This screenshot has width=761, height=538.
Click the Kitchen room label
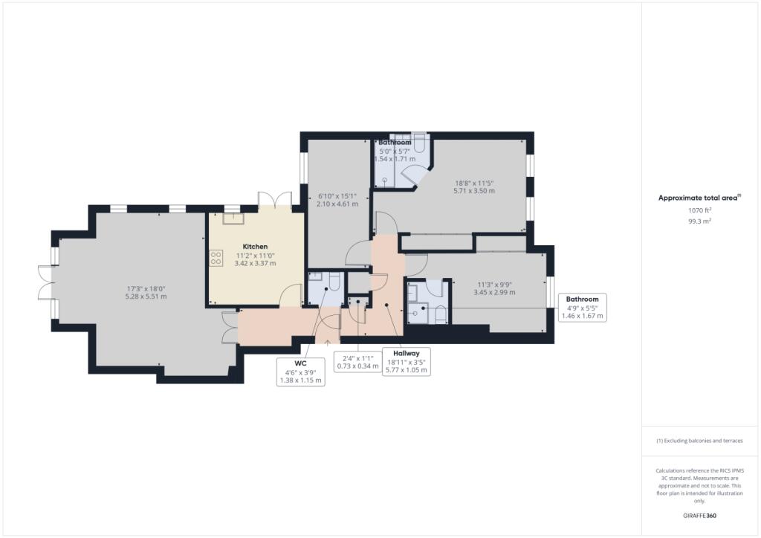coord(255,247)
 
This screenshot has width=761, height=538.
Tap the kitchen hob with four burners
coord(216,258)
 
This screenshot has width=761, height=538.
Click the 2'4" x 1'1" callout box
coord(357,362)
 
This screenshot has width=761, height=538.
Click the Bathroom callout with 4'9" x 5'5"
coord(583,308)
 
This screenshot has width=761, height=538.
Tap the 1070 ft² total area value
coord(699,210)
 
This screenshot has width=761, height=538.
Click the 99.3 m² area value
coord(699,221)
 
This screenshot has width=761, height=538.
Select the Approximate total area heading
coord(699,198)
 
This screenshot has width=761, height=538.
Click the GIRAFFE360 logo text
coord(699,516)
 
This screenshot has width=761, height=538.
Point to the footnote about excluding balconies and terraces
coord(699,441)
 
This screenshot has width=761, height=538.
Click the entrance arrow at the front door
coord(328,343)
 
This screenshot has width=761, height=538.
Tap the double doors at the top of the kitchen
coord(274,200)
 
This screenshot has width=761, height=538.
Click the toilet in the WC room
coord(335,282)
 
